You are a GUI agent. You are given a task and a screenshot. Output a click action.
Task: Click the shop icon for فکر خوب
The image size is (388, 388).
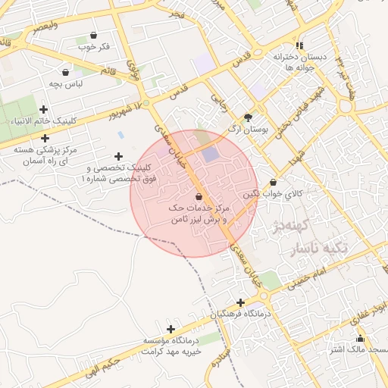(93, 35)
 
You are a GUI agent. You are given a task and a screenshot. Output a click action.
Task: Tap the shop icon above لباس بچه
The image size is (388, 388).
(66, 73)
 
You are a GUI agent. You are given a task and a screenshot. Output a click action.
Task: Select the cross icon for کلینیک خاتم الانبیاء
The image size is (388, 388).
(43, 110)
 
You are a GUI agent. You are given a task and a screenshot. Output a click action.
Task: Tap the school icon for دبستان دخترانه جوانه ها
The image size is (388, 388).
(299, 45)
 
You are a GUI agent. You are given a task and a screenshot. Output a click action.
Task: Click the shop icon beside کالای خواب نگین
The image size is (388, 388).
(273, 183)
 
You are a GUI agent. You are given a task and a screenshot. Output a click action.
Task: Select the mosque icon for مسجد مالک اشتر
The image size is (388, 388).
(360, 338)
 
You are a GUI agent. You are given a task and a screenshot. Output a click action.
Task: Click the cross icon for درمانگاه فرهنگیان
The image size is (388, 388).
(241, 302)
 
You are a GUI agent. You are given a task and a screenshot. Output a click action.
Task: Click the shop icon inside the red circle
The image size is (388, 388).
(199, 196)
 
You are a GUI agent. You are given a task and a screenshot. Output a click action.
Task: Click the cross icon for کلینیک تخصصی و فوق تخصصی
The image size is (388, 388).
(119, 156)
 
